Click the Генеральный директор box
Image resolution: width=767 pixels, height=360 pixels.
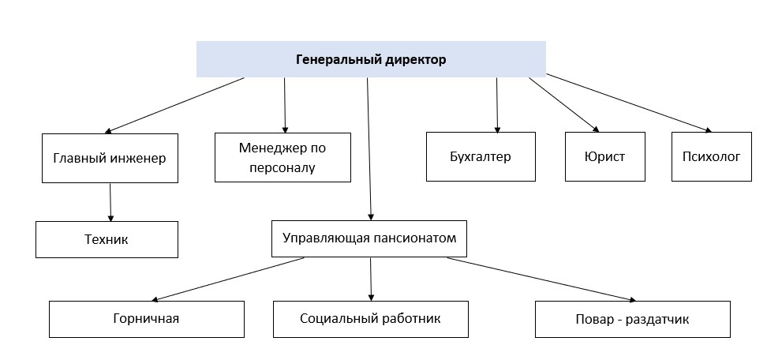click(x=371, y=59)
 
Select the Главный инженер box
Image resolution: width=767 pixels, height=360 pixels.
click(x=110, y=159)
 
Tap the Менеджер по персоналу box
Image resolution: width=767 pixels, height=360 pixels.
click(x=282, y=158)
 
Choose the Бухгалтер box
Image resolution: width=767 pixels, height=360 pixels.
click(x=481, y=156)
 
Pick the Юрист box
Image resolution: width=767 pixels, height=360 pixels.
click(x=605, y=156)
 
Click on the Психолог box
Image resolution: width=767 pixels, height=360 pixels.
click(x=712, y=156)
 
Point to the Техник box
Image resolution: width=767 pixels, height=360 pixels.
click(x=107, y=240)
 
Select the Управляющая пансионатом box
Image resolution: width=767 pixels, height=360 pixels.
click(x=369, y=238)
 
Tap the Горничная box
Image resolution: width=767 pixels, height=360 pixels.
click(x=147, y=319)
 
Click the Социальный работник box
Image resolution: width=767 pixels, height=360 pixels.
click(x=371, y=319)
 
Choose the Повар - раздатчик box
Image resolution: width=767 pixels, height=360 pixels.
click(x=633, y=319)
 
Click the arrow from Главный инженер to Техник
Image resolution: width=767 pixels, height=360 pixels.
click(x=110, y=202)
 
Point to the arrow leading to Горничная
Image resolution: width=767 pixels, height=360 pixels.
click(x=228, y=279)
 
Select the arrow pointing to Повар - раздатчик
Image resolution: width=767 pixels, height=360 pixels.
click(x=542, y=279)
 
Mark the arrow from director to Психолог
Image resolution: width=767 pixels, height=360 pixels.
click(x=629, y=103)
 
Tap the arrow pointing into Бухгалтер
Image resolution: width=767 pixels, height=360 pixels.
click(x=497, y=105)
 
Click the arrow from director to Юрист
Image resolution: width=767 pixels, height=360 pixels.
click(x=563, y=104)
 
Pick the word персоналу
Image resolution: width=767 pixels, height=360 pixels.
click(x=282, y=167)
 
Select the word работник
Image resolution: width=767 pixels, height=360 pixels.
click(x=410, y=319)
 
